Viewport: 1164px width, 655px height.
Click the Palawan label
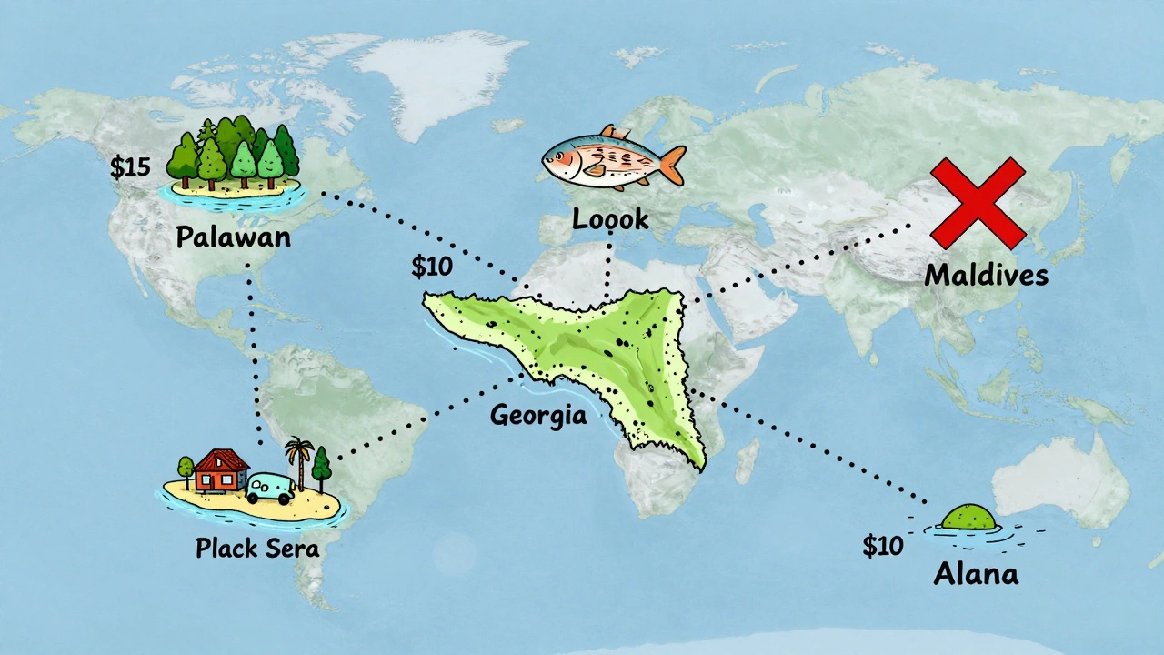[x=233, y=237]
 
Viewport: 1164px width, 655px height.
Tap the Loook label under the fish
[x=610, y=218]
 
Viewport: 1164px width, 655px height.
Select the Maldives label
[x=986, y=275]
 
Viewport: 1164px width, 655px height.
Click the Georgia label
[x=537, y=416]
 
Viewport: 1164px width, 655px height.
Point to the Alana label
[x=976, y=573]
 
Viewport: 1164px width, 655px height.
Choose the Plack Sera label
[x=257, y=548]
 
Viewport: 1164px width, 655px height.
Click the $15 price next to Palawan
[x=129, y=167]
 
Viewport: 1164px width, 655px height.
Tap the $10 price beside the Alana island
[x=883, y=546]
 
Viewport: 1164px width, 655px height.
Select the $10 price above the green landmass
[x=431, y=267]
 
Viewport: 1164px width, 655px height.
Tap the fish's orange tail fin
[x=671, y=164]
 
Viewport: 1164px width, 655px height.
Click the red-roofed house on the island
[x=221, y=469]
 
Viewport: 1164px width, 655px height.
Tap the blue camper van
[x=270, y=489]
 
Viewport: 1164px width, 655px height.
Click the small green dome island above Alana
[x=968, y=518]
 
